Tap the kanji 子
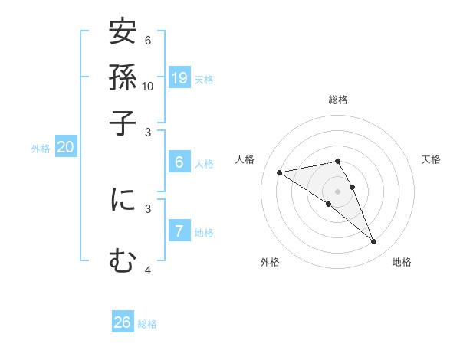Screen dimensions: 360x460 [x=123, y=120]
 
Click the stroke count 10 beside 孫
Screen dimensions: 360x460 [x=148, y=86]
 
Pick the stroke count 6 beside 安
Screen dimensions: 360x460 [x=148, y=41]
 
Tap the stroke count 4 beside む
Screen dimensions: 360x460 [x=148, y=270]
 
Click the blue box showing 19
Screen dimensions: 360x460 [x=179, y=77]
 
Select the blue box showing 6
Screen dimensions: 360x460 [x=179, y=162]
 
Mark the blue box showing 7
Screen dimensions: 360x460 [x=179, y=231]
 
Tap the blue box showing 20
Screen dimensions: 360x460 [x=65, y=148]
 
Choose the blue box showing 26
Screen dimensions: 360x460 [x=123, y=322]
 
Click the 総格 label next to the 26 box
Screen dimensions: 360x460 [x=147, y=324]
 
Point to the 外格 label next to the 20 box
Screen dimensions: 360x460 [x=41, y=149]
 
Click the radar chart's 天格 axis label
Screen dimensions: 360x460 [x=431, y=159]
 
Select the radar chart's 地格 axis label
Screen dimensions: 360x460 [x=402, y=262]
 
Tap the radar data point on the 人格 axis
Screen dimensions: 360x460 [x=280, y=172]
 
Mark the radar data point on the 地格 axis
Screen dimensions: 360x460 [x=374, y=242]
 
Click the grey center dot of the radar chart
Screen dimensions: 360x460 [x=337, y=191]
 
